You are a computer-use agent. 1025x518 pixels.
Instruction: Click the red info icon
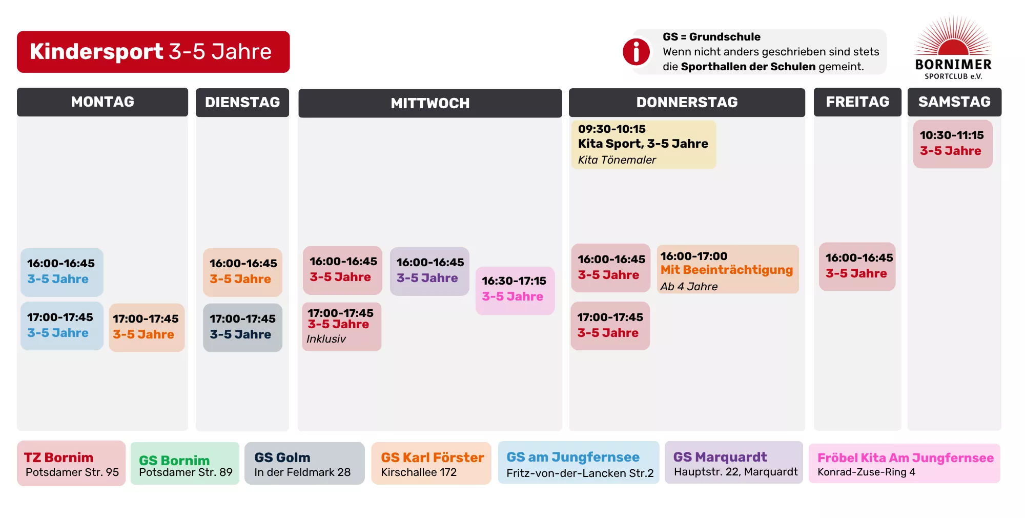[x=636, y=52]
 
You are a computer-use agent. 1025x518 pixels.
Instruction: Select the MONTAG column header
[x=102, y=102]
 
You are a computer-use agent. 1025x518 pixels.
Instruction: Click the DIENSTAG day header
[x=242, y=103]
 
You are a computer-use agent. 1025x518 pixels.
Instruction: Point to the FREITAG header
[x=857, y=102]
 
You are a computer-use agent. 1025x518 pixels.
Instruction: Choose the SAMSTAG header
[x=954, y=102]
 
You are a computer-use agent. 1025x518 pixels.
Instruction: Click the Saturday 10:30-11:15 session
[x=953, y=144]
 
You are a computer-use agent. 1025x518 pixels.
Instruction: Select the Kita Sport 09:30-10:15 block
[x=643, y=144]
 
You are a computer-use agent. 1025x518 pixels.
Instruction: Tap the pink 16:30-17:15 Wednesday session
[x=515, y=290]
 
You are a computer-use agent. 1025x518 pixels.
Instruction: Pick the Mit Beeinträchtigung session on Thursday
[x=727, y=270]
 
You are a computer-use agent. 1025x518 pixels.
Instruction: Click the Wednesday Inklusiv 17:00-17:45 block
[x=341, y=326]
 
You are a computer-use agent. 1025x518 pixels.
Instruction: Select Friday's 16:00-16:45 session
[x=857, y=266]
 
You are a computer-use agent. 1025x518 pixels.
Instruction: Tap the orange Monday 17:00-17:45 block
[x=147, y=327]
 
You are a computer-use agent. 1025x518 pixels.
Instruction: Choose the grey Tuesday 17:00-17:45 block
[x=242, y=327]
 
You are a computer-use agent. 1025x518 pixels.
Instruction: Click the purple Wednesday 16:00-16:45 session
[x=429, y=271]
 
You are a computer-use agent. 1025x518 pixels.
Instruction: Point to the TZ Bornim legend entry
[x=71, y=464]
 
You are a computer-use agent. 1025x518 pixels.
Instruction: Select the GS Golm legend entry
[x=304, y=464]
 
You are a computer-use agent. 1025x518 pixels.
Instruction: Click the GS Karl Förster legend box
[x=431, y=464]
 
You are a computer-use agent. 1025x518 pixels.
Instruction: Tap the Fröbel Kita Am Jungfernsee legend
[x=905, y=464]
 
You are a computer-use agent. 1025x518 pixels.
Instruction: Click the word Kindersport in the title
[x=96, y=52]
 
